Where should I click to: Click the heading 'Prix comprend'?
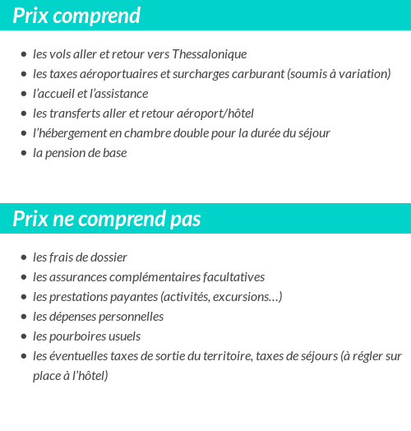click(76, 16)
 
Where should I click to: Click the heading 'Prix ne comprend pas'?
click(107, 219)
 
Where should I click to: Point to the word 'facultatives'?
click(231, 277)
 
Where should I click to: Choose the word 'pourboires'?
click(78, 336)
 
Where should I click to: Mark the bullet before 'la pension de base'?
click(23, 153)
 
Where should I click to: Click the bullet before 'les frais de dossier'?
click(23, 257)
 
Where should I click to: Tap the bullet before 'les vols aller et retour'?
click(23, 54)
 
